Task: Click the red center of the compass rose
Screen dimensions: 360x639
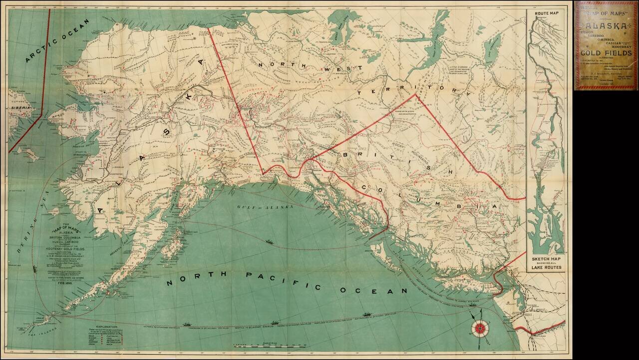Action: pyautogui.click(x=480, y=328)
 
